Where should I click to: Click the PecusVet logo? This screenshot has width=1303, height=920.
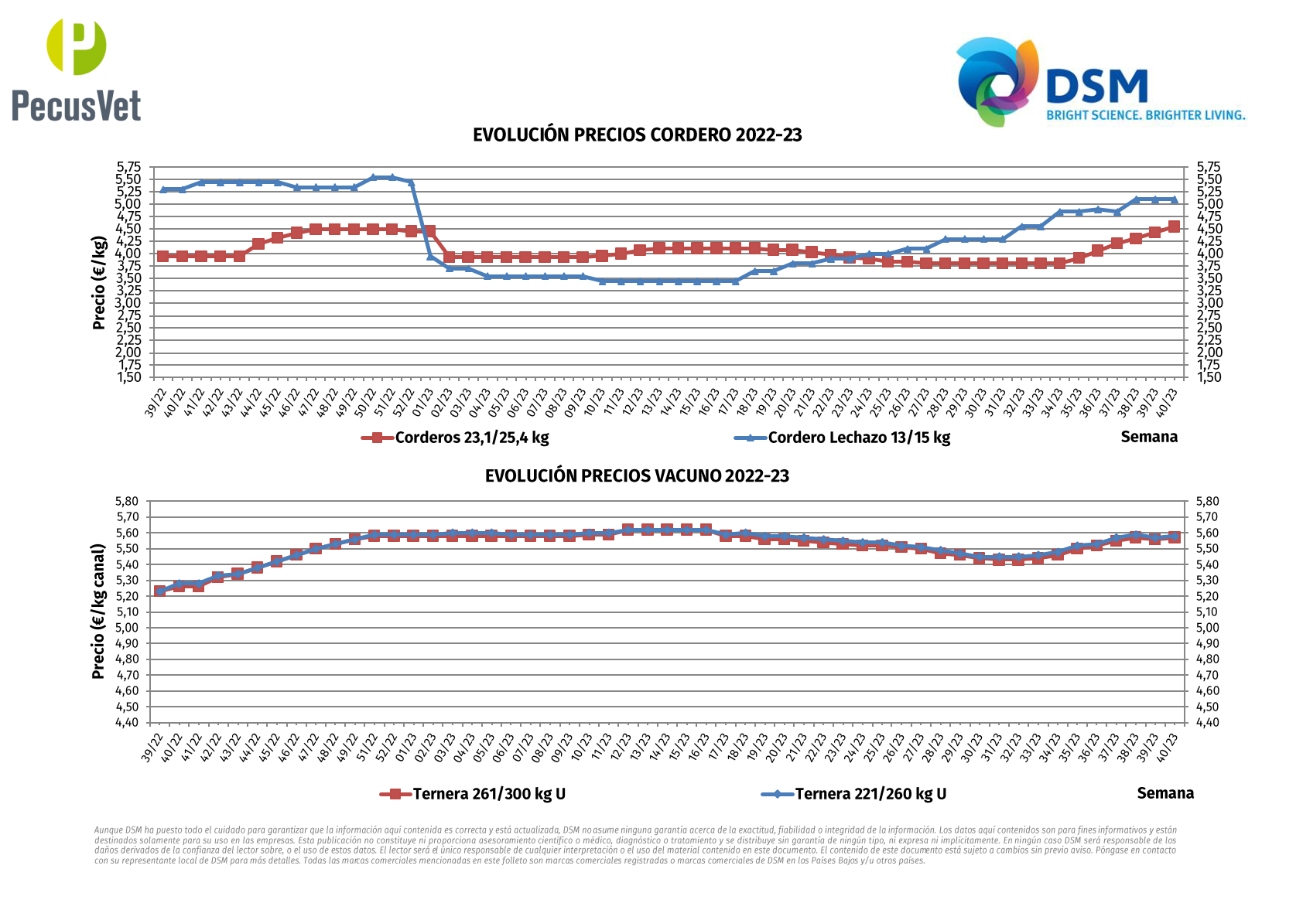[77, 70]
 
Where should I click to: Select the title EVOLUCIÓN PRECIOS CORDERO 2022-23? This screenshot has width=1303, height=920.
[637, 135]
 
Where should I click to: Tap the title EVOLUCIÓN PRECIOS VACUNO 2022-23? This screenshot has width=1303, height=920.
[637, 476]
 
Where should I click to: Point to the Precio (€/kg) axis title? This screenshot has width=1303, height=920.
[99, 283]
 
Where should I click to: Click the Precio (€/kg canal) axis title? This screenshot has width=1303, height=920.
[98, 612]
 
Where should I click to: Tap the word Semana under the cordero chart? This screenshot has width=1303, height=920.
[1149, 437]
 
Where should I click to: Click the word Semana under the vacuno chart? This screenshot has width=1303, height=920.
[1165, 793]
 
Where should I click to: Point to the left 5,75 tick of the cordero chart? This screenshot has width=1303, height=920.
[129, 167]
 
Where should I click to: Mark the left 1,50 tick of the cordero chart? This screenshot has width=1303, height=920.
[129, 377]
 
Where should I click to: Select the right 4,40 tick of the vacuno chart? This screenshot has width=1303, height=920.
[1208, 723]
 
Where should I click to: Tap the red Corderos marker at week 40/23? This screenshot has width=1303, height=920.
[1174, 227]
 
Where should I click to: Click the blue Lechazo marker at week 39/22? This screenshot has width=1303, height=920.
[163, 189]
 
